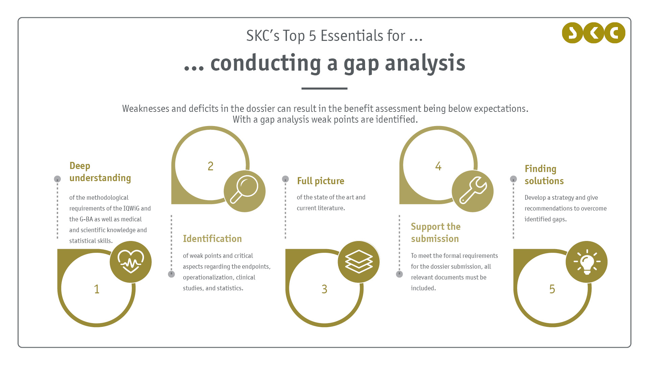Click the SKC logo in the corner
point(594,33)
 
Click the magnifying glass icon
point(244,190)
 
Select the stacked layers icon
point(359,261)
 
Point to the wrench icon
point(473,190)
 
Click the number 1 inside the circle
point(97,289)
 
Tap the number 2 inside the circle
point(211,166)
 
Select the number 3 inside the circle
point(324,289)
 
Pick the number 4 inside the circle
point(438,166)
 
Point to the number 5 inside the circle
point(552,289)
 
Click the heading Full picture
point(320,181)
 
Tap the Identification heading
point(212,239)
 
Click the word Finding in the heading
point(540,169)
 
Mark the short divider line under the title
point(324,89)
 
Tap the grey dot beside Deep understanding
point(57,179)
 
